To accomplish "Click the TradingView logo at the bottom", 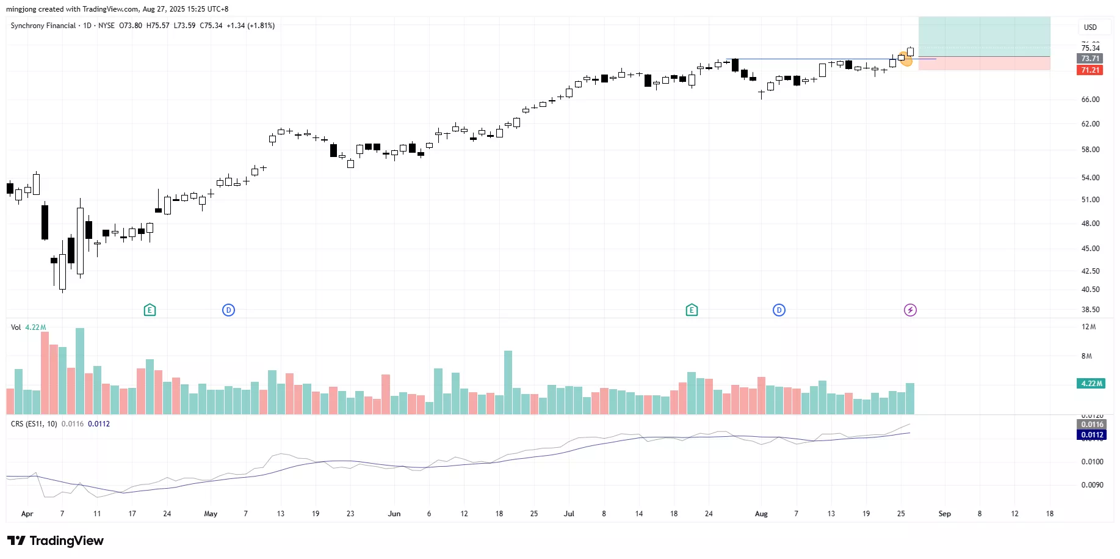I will tap(55, 541).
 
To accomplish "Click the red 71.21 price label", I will tap(1090, 70).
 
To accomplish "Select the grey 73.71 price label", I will tap(1090, 59).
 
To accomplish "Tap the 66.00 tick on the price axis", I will tap(1090, 100).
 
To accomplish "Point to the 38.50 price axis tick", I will tap(1090, 310).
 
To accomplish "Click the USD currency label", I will tap(1090, 27).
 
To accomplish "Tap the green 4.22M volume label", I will tap(1091, 384).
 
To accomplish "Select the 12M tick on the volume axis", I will tap(1088, 327).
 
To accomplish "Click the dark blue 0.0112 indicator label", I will tap(1092, 435).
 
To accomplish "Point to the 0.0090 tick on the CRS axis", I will tap(1092, 485).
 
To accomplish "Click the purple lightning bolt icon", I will tap(910, 310).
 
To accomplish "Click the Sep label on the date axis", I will tap(944, 514).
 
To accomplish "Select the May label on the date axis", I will tap(211, 514).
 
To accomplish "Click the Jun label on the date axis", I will tap(394, 514).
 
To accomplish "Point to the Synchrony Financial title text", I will tap(43, 26).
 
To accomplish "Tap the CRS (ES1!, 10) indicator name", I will tap(34, 424).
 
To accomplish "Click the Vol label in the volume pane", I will tap(16, 327).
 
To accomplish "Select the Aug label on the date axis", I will tap(761, 514).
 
